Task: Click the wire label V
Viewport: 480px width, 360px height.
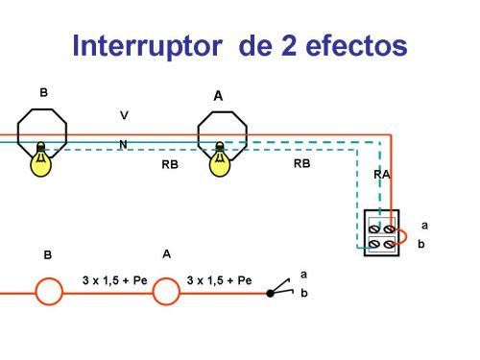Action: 123,115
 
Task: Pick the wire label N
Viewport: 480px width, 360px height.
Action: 123,144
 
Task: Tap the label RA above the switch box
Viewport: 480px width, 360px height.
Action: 381,175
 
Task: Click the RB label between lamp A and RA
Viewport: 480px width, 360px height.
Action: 301,164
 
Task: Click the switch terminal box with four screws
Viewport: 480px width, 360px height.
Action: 381,233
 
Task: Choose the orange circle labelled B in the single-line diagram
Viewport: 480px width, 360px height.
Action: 48,289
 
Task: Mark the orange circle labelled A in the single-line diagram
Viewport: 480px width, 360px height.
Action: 166,289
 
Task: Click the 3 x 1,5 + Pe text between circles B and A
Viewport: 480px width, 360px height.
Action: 114,280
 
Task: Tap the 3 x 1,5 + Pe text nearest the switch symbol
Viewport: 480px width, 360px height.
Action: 219,280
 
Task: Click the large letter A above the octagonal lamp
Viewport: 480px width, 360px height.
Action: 218,96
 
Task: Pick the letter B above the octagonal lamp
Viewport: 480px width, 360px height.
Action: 43,92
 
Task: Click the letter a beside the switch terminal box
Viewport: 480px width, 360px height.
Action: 424,226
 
